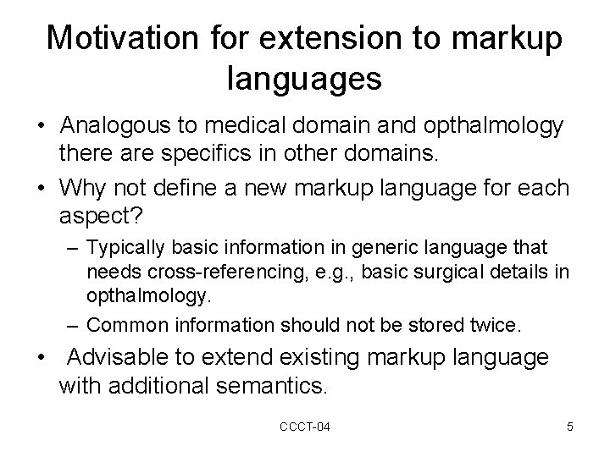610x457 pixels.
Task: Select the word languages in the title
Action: tap(305, 79)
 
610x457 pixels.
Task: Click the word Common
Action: tap(124, 325)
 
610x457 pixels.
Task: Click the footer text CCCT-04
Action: tap(304, 427)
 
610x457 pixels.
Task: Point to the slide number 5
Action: tap(570, 427)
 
